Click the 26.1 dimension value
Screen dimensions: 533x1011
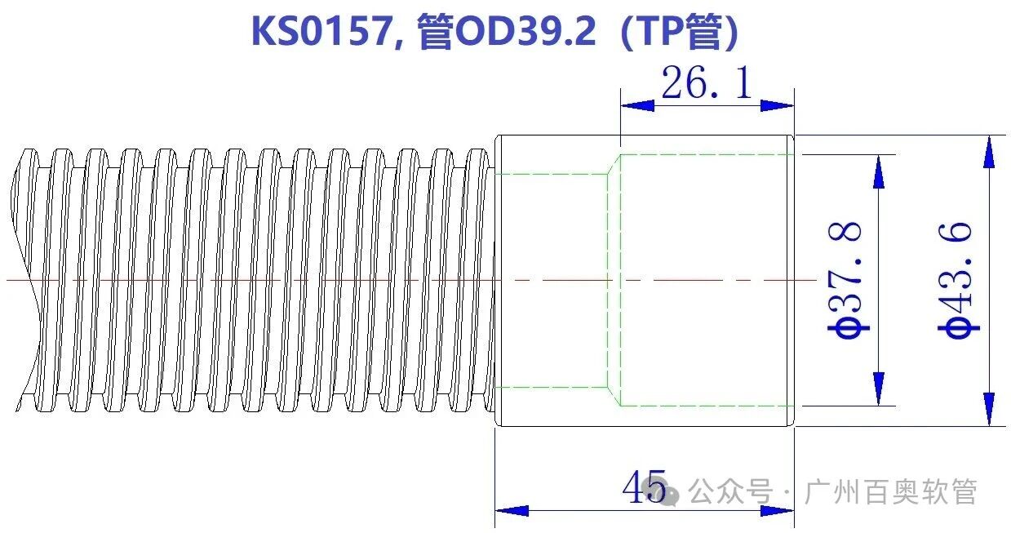pyautogui.click(x=706, y=82)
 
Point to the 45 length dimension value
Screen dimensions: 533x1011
pyautogui.click(x=645, y=487)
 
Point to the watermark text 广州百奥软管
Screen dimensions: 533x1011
pyautogui.click(x=890, y=492)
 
